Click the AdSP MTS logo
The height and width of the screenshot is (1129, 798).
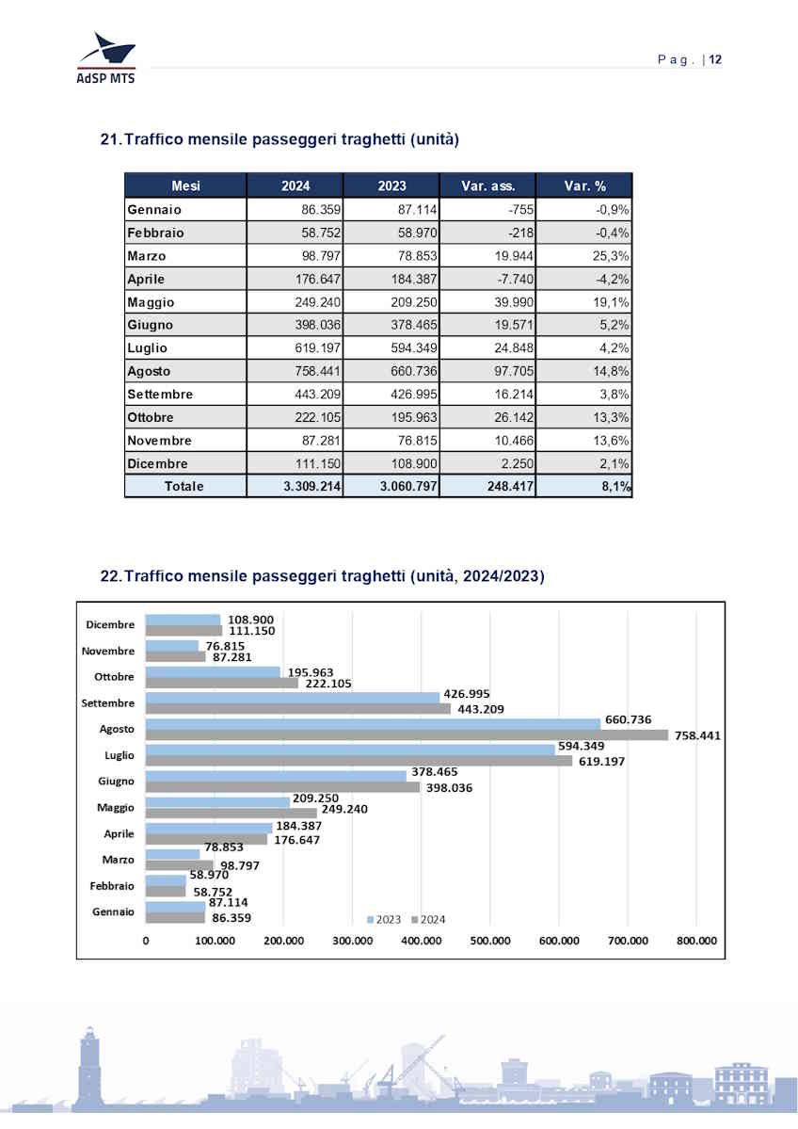tap(105, 57)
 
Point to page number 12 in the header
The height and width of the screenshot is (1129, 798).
tap(716, 60)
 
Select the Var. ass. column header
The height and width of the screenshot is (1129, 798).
tap(487, 186)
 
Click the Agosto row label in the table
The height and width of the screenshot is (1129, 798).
tap(150, 371)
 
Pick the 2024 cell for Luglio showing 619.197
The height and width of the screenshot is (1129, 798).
tap(295, 348)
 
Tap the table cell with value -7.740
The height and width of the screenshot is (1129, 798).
tap(487, 279)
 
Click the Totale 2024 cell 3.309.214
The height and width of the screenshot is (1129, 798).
tap(295, 487)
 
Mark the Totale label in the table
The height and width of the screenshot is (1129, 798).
tap(185, 487)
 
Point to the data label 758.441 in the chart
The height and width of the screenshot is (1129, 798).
tap(697, 736)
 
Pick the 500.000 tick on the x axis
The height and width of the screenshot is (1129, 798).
tap(490, 941)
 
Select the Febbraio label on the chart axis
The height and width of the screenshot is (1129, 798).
tap(112, 886)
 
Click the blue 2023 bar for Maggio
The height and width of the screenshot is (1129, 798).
tap(217, 801)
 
